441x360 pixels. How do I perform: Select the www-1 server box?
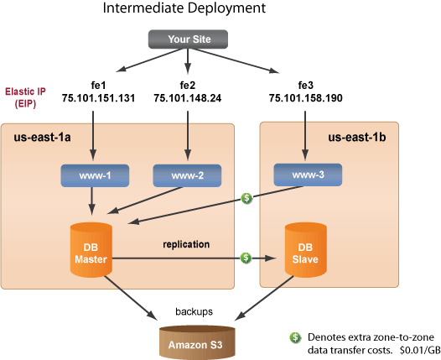[91, 176]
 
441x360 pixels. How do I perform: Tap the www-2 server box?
[187, 176]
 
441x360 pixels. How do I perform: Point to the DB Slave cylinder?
[304, 247]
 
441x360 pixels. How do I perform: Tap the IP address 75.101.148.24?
[188, 98]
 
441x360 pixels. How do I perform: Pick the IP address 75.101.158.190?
[306, 98]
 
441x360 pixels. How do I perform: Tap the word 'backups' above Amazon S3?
[194, 310]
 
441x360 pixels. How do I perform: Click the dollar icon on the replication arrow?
[246, 257]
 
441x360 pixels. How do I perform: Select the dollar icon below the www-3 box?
[246, 199]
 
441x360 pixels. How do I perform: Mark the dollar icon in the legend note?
[295, 337]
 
